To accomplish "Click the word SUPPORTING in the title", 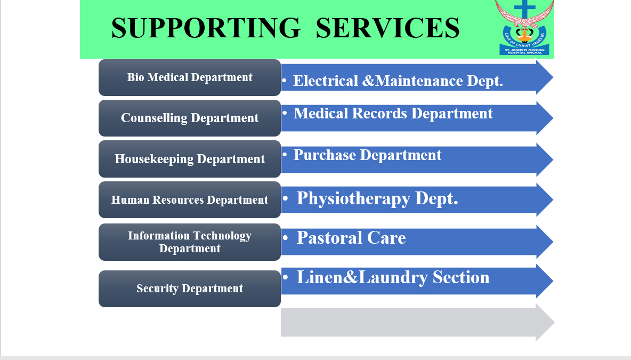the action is (206, 28).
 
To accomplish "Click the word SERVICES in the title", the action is (387, 28).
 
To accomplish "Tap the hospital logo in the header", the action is (524, 27).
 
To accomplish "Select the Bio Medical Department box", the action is (190, 78).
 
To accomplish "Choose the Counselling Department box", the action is (190, 118).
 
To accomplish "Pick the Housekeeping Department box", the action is (190, 159).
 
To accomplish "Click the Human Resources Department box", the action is (190, 199).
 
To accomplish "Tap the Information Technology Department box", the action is (190, 242).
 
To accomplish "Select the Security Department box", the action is (190, 289).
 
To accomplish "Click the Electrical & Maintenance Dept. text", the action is (398, 81).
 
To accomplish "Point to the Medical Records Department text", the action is (393, 114).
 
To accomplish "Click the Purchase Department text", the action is (367, 155).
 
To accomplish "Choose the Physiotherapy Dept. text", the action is (377, 199).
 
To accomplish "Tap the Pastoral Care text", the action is (351, 237).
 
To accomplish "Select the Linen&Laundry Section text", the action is (393, 277).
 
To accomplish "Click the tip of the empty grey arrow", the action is (554, 322).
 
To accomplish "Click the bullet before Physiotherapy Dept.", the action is (285, 198).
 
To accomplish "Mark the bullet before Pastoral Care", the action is (285, 237).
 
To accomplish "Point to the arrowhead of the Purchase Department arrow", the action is (545, 159).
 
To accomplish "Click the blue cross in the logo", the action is (525, 9).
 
